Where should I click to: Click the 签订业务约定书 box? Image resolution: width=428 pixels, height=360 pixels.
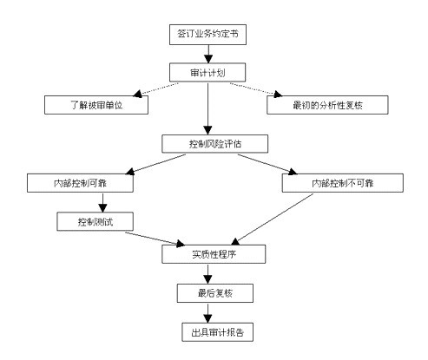207,35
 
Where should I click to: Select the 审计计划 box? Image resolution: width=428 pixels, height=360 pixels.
207,72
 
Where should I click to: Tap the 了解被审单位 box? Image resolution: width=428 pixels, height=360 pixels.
96,105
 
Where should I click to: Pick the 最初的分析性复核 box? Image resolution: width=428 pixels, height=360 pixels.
327,105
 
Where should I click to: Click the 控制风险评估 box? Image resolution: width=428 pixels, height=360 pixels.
214,144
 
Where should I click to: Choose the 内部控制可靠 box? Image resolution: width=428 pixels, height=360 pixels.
80,183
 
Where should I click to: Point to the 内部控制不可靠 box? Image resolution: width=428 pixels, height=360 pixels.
343,183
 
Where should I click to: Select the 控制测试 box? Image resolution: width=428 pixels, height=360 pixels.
95,221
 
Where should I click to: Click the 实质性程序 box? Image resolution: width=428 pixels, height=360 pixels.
214,254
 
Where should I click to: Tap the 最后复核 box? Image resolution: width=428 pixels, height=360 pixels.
215,293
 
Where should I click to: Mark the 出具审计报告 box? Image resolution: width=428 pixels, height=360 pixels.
217,332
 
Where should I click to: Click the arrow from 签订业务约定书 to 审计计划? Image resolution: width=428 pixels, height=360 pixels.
208,54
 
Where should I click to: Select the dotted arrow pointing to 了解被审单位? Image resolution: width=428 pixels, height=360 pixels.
155,89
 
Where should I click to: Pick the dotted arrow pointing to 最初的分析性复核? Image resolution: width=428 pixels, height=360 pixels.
256,89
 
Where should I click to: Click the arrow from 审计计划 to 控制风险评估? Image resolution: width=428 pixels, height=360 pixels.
207,108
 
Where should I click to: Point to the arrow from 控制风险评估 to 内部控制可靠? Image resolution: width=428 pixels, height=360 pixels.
155,164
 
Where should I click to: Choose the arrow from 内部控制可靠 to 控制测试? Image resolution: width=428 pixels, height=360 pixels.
102,202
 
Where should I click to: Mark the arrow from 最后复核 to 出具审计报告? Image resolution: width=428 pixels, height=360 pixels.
207,313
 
